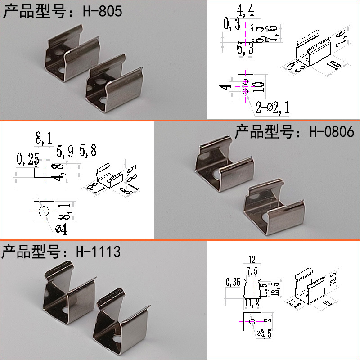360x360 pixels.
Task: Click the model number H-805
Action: tap(102, 11)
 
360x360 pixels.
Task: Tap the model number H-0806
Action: tap(333, 132)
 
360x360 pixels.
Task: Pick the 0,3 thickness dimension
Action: tap(231, 25)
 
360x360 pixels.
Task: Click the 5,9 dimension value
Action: tap(65, 152)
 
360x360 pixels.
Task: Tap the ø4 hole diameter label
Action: tap(61, 229)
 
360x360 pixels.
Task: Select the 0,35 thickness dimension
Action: tap(233, 283)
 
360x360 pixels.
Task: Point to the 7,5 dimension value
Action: tap(252, 270)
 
